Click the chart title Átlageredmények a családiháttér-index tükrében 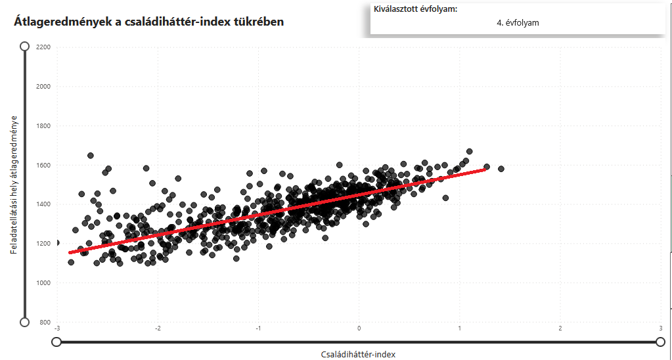coord(149,22)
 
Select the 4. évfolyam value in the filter coord(518,23)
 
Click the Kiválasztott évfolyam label coord(415,9)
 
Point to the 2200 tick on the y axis coord(43,47)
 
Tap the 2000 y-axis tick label coord(43,87)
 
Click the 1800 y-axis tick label coord(43,126)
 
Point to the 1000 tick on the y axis coord(43,283)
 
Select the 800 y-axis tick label coord(45,323)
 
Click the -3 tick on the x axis coord(57,328)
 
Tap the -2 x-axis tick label coord(158,328)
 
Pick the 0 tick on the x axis coord(359,328)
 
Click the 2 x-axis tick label coord(560,328)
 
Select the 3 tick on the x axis coord(660,328)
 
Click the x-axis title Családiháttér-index coord(358,354)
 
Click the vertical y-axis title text coord(13,184)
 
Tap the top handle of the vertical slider coord(25,46)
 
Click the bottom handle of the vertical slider coord(25,322)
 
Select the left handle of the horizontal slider coord(56,342)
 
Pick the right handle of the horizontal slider coord(660,342)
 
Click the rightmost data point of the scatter coord(501,169)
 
